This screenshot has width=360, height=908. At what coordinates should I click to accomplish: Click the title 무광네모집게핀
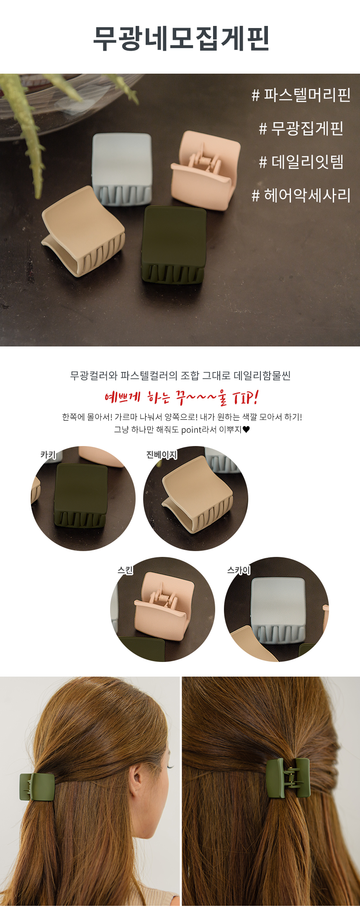181,39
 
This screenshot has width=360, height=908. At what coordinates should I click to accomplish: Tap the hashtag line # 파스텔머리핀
301,95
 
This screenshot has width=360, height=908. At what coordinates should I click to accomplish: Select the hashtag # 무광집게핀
301,128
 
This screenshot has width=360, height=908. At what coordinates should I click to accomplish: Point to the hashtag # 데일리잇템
301,162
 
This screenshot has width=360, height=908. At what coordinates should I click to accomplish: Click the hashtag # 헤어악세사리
301,195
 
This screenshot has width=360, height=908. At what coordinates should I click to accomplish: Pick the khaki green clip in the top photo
175,244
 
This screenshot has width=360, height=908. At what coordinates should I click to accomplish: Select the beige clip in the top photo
83,230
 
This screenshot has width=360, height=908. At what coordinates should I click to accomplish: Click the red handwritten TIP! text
245,397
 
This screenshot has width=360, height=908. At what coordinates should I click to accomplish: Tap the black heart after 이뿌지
246,429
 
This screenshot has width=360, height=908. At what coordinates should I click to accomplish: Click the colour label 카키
48,454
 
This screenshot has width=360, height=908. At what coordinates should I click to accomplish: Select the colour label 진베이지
162,454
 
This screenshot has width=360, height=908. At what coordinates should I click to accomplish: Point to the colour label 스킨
125,570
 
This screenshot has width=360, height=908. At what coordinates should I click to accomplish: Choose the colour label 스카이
239,570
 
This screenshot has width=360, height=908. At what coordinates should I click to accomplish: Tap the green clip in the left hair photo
37,787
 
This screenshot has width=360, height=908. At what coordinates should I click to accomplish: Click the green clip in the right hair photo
288,778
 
